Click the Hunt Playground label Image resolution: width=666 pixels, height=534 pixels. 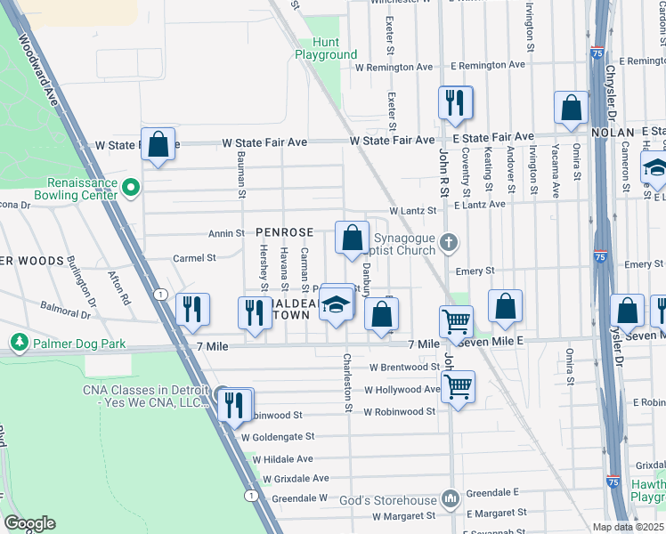coord(326,48)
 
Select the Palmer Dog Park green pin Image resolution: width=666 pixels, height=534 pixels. coord(18,342)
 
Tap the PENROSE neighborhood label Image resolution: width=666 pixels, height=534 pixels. coord(284,232)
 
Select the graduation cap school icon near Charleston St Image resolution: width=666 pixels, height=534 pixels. coord(337,305)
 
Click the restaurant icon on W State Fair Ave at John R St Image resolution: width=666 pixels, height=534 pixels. coord(455,102)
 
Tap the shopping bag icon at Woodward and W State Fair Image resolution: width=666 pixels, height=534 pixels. coord(158,144)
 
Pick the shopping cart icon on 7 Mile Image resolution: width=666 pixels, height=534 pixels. coord(456,321)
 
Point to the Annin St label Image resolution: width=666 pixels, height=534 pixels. coord(226,234)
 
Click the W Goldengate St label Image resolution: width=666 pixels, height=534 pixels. coord(276,436)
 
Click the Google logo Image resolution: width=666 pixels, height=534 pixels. coord(29,523)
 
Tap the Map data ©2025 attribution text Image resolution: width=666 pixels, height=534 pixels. coord(628,527)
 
